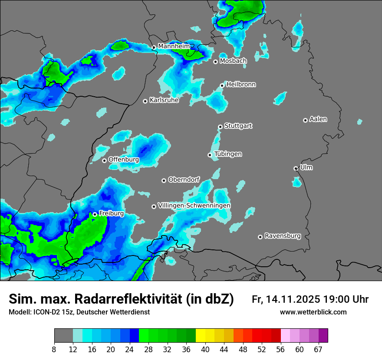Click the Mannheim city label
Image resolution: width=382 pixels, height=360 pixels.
174,46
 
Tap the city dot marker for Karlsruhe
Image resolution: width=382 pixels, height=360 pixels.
145,101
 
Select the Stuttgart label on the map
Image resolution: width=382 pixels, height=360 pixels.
238,126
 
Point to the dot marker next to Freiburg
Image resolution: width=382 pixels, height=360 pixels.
95,214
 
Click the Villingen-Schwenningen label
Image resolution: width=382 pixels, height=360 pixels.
194,205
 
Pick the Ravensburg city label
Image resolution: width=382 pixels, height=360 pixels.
283,236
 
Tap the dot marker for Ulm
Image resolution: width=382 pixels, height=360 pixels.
296,168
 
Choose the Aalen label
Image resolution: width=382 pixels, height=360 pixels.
318,119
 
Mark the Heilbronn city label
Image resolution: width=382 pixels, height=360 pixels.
241,84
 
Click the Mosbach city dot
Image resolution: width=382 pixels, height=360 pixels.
215,62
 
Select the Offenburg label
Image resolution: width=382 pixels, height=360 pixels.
124,160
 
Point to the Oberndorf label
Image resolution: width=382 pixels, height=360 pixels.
184,180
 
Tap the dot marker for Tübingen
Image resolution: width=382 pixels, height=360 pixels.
210,155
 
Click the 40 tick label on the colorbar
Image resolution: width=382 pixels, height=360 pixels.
205,350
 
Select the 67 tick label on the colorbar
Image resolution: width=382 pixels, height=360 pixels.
318,350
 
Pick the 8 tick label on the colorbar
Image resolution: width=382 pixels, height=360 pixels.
54,350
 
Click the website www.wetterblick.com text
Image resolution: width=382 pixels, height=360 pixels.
313,312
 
